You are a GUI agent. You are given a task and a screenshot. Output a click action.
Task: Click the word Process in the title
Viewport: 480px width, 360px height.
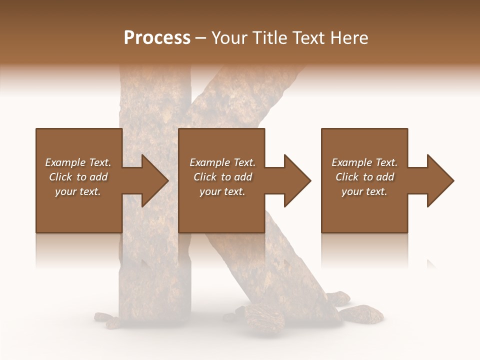click(x=157, y=38)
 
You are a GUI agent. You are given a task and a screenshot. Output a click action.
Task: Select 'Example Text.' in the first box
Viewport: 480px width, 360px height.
click(x=78, y=162)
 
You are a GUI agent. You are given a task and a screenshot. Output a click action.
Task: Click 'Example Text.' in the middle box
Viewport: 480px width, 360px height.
click(x=222, y=162)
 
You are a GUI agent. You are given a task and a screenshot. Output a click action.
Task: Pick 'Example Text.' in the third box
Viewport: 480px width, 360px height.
click(x=364, y=162)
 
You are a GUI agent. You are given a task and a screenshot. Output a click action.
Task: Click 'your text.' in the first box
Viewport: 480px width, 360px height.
click(x=78, y=191)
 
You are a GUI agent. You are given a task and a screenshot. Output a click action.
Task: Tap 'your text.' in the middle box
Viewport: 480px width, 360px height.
click(x=222, y=191)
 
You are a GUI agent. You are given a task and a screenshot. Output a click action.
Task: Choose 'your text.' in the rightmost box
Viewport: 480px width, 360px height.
click(x=364, y=191)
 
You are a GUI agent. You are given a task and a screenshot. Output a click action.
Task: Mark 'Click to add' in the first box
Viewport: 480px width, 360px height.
click(x=78, y=177)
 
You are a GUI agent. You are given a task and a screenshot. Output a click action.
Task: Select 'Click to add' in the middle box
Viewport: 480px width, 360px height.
click(x=222, y=177)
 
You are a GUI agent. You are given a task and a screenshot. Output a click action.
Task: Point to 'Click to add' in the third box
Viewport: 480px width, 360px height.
click(x=364, y=177)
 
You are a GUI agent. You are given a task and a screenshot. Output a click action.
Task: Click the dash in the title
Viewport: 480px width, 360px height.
click(x=200, y=38)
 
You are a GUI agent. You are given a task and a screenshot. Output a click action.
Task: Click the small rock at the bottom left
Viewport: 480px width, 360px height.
click(x=104, y=317)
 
